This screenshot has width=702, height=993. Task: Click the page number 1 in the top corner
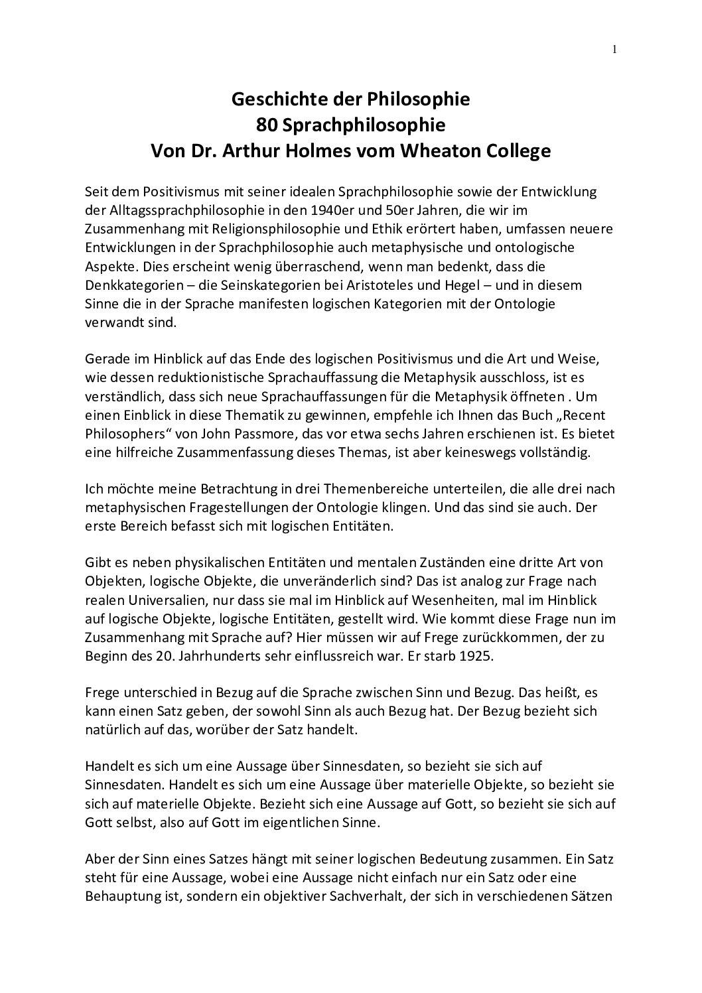tap(615, 48)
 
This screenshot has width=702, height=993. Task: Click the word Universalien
tap(154, 600)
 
